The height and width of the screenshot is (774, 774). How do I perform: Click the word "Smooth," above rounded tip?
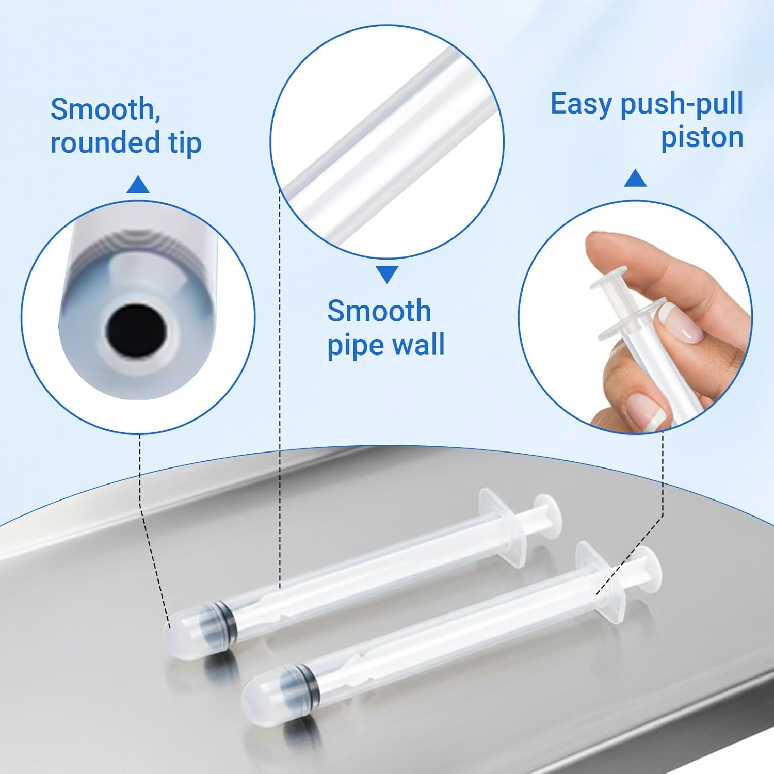click(105, 109)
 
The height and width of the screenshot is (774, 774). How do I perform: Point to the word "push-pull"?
click(682, 105)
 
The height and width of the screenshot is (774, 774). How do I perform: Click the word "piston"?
click(702, 138)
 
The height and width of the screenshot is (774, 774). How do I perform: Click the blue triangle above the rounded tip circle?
click(138, 185)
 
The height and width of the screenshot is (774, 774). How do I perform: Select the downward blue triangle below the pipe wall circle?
click(386, 274)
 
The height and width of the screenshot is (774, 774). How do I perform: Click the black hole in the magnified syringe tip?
click(137, 329)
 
